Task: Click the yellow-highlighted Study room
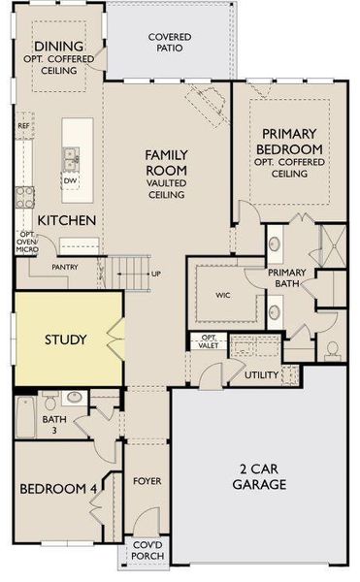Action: click(x=66, y=340)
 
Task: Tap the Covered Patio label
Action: click(x=169, y=43)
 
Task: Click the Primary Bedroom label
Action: click(x=290, y=146)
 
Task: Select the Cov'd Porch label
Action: click(x=147, y=550)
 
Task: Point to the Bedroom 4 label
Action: click(x=58, y=489)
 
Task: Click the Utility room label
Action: click(x=261, y=374)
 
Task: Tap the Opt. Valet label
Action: click(x=209, y=340)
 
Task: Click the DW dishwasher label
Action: click(x=70, y=180)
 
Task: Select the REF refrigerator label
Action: click(x=23, y=126)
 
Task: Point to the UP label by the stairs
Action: click(x=156, y=274)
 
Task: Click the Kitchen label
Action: click(x=67, y=220)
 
